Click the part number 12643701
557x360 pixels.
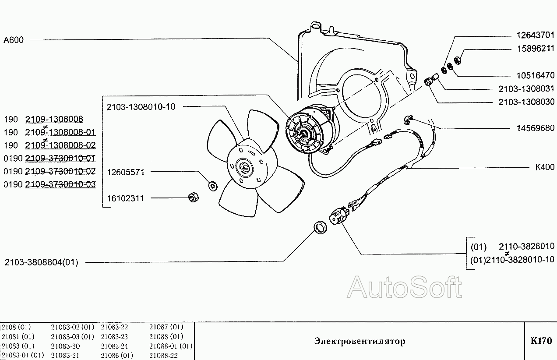[x=536, y=35]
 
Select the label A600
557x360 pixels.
[x=14, y=40]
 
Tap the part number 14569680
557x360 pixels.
[x=536, y=128]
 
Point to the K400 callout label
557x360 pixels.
[x=545, y=167]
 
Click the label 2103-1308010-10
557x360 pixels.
[x=141, y=107]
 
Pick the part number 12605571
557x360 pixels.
[x=126, y=172]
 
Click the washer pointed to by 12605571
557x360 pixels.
[x=213, y=186]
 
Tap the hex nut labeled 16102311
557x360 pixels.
[x=194, y=198]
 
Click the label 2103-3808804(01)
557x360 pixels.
[x=42, y=262]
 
